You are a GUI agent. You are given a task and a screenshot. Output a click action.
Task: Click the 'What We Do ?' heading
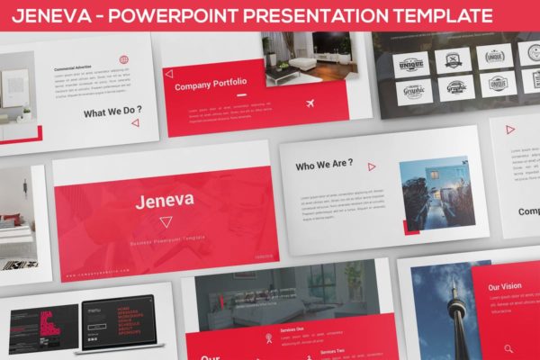click(x=112, y=113)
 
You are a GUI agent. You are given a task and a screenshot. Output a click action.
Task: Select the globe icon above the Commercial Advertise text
click(x=123, y=59)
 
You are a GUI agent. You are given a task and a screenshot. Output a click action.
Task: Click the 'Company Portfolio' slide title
click(x=211, y=83)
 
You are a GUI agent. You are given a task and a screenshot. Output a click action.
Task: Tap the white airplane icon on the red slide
click(x=312, y=103)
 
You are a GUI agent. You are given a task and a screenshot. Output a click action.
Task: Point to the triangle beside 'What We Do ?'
click(x=135, y=122)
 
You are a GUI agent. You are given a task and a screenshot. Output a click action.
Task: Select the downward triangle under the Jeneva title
click(x=166, y=221)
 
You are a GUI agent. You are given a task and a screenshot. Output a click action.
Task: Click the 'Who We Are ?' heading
click(x=324, y=166)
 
